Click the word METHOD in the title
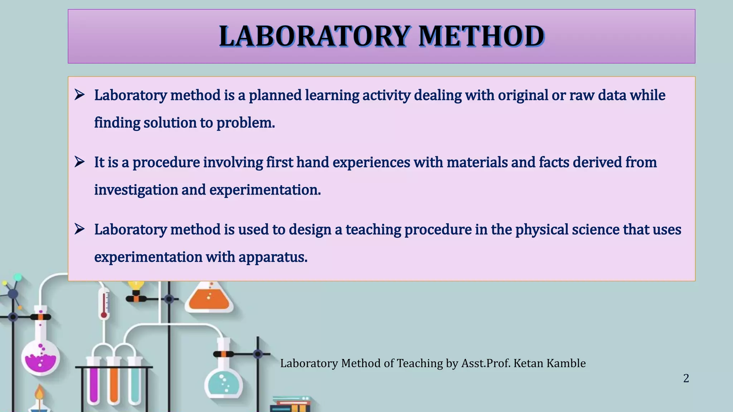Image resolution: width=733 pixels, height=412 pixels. pyautogui.click(x=481, y=36)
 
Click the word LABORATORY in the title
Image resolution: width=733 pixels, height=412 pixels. pyautogui.click(x=314, y=36)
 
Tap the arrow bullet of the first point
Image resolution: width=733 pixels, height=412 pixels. pyautogui.click(x=79, y=95)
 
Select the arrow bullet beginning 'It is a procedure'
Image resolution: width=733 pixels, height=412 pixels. pyautogui.click(x=79, y=162)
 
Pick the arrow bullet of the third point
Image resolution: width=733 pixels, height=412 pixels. pyautogui.click(x=79, y=229)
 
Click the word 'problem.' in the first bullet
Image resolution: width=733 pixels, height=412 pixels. pyautogui.click(x=246, y=123)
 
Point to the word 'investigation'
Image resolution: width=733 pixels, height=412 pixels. pyautogui.click(x=136, y=190)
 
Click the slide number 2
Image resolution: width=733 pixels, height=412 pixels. pyautogui.click(x=686, y=378)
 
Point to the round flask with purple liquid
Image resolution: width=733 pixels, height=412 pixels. pyautogui.click(x=40, y=356)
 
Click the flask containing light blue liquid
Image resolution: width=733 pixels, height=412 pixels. pyautogui.click(x=224, y=383)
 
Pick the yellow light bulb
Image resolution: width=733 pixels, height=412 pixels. pyautogui.click(x=136, y=285)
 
